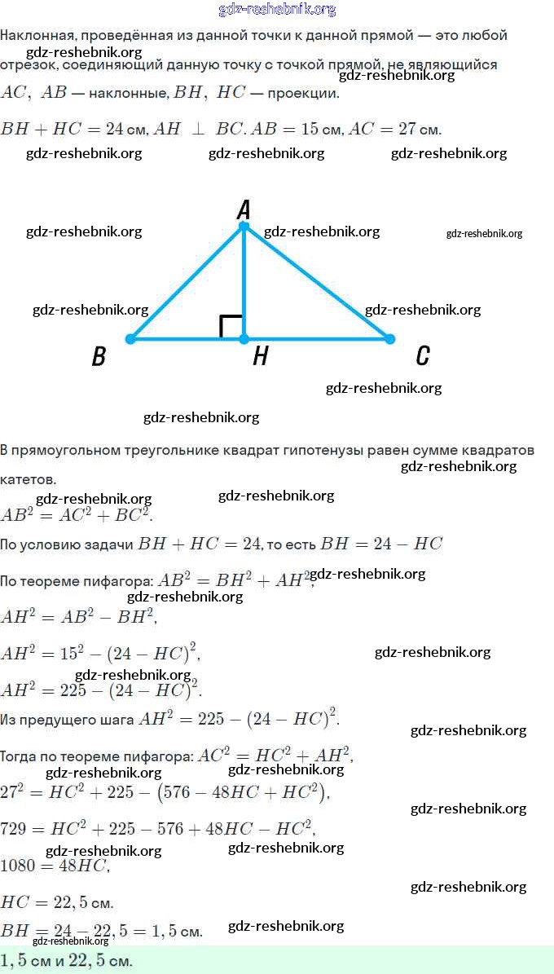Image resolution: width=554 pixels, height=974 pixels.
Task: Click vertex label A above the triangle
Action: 243,210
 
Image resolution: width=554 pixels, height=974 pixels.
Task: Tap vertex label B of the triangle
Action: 99,357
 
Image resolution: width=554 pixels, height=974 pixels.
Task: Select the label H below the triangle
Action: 260,356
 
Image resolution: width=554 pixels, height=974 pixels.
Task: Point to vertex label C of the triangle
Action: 422,355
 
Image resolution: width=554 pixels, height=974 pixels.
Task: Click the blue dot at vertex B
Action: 130,338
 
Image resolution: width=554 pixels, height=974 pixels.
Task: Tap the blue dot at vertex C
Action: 389,338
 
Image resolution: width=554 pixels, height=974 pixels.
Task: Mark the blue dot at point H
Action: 244,338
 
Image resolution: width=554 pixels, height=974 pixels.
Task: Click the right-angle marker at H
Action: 231,326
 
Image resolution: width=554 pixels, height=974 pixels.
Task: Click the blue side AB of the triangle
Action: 186,282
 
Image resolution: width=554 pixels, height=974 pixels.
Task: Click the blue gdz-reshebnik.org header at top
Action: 277,10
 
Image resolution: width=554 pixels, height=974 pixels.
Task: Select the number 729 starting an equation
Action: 14,829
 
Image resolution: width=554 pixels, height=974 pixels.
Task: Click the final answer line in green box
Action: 67,960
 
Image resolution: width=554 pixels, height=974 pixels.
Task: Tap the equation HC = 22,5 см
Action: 56,902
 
